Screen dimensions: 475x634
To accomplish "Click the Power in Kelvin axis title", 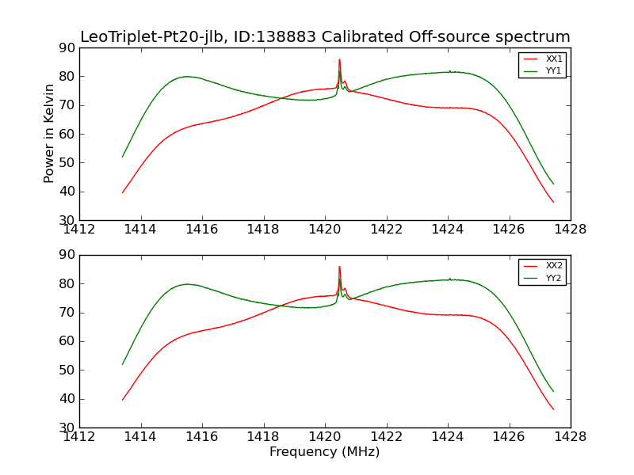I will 49,134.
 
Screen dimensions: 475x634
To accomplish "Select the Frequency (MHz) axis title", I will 324,452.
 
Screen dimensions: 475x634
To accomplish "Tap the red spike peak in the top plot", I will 339,59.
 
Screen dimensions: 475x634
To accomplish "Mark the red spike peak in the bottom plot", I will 339,267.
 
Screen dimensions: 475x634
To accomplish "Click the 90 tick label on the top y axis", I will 67,47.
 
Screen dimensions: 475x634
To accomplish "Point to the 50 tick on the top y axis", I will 67,162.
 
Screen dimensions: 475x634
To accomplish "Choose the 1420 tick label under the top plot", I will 324,230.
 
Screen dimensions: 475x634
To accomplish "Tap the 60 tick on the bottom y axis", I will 67,341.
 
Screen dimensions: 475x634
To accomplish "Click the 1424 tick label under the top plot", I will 447,230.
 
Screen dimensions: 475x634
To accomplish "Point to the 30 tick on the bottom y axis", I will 67,427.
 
